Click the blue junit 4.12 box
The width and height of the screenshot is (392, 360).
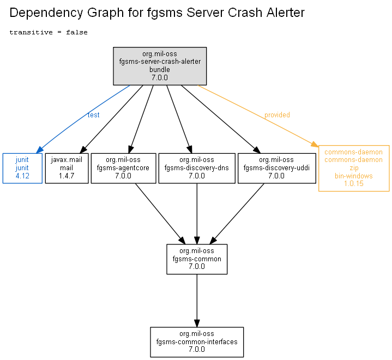[22, 169]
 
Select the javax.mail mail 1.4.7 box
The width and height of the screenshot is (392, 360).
[67, 169]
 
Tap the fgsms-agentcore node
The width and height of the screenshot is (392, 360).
[124, 169]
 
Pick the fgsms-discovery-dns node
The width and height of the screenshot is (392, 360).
[197, 169]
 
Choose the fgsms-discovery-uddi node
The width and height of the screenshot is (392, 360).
[277, 169]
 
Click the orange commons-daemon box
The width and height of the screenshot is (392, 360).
[354, 169]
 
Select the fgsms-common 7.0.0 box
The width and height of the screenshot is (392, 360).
[197, 259]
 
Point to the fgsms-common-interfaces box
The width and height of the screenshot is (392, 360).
[197, 342]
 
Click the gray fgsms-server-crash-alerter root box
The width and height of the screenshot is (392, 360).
[160, 66]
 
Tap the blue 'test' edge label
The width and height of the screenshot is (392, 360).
[93, 115]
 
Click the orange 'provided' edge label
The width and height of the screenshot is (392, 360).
[278, 115]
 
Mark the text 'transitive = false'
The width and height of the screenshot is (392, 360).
[49, 32]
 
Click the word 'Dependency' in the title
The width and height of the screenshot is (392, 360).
[46, 13]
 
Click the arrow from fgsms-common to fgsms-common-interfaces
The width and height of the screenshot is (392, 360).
[197, 301]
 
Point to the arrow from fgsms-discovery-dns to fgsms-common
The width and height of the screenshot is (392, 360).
[197, 214]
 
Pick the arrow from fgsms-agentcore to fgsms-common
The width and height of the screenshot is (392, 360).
[160, 214]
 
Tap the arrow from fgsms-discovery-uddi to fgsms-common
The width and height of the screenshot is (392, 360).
[237, 214]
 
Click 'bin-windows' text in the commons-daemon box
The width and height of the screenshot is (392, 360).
[354, 176]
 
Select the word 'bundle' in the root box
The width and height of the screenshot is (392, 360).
[160, 69]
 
